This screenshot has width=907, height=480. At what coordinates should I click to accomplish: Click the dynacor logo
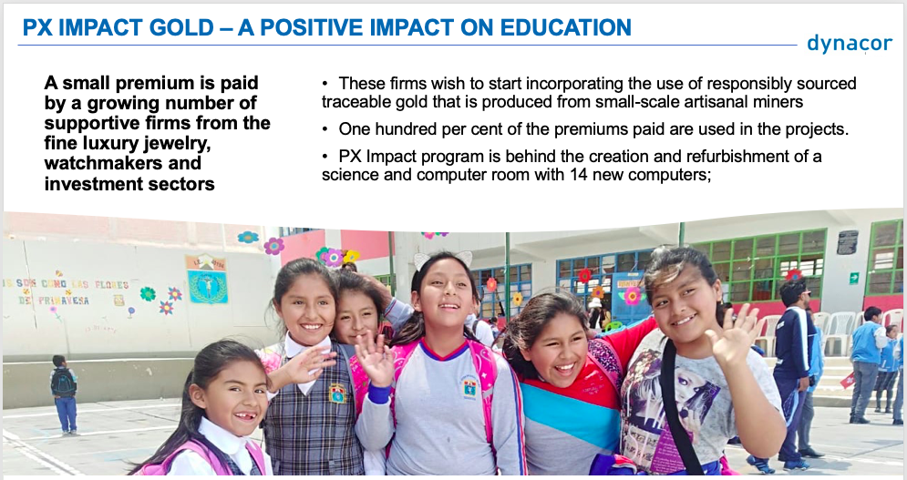click(850, 44)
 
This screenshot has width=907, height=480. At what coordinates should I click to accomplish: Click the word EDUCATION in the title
click(565, 27)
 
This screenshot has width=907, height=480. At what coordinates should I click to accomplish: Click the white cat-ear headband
click(442, 259)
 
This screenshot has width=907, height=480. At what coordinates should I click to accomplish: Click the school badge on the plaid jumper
click(337, 393)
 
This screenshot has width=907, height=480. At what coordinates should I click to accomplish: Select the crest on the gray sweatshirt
click(469, 387)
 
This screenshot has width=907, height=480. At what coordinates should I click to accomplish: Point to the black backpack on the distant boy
click(63, 383)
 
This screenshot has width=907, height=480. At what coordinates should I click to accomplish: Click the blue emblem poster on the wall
click(207, 280)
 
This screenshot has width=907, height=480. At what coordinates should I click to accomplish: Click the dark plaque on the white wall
click(848, 241)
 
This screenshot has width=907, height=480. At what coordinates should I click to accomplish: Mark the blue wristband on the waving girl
click(379, 394)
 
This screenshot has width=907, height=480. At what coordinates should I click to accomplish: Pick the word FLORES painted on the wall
click(111, 284)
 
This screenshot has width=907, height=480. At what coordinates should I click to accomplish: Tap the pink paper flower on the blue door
click(632, 296)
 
